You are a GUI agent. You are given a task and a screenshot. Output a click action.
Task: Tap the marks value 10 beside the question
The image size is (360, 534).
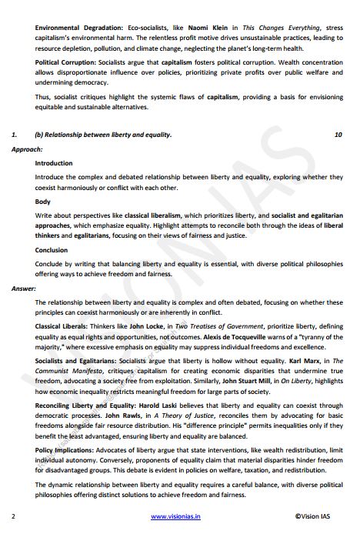click(338, 135)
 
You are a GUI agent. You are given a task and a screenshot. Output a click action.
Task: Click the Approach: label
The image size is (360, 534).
click(27, 149)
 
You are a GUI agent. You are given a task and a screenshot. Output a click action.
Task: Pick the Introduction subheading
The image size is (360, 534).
click(54, 163)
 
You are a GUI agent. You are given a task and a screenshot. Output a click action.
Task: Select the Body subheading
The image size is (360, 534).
click(43, 201)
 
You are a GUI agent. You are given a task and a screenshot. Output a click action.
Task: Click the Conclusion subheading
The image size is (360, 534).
click(52, 249)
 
